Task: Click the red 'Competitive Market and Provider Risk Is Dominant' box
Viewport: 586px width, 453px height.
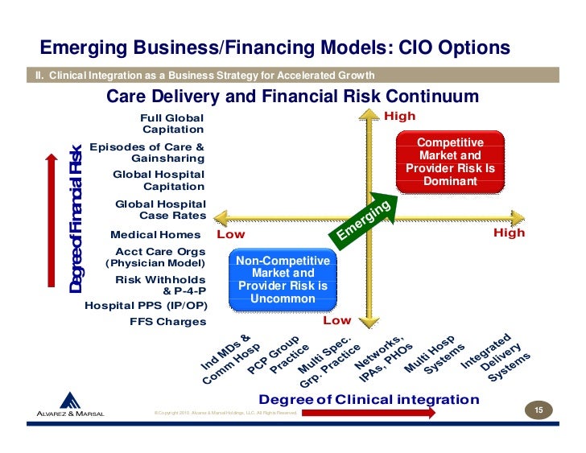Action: tap(450, 162)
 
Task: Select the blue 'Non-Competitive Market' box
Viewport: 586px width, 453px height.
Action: tap(283, 280)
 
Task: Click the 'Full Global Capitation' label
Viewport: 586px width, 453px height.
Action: tap(172, 122)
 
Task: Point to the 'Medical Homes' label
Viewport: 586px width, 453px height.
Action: tap(155, 234)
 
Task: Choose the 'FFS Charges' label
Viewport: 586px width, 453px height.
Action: tap(167, 322)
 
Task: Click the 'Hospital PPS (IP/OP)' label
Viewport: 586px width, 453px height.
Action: tap(146, 306)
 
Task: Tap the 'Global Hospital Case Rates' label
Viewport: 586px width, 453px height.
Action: tap(161, 210)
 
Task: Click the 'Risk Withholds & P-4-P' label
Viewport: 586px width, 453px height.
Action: tap(160, 285)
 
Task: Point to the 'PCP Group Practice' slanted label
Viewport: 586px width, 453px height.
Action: tap(278, 356)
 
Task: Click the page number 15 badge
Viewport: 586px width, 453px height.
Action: tap(539, 412)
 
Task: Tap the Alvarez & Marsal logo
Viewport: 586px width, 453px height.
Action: tap(71, 406)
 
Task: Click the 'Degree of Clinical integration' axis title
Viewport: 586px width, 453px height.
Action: tap(368, 399)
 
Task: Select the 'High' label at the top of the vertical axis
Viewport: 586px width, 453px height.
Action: tap(399, 116)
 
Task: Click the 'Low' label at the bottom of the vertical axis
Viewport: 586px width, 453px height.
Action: tap(336, 320)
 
